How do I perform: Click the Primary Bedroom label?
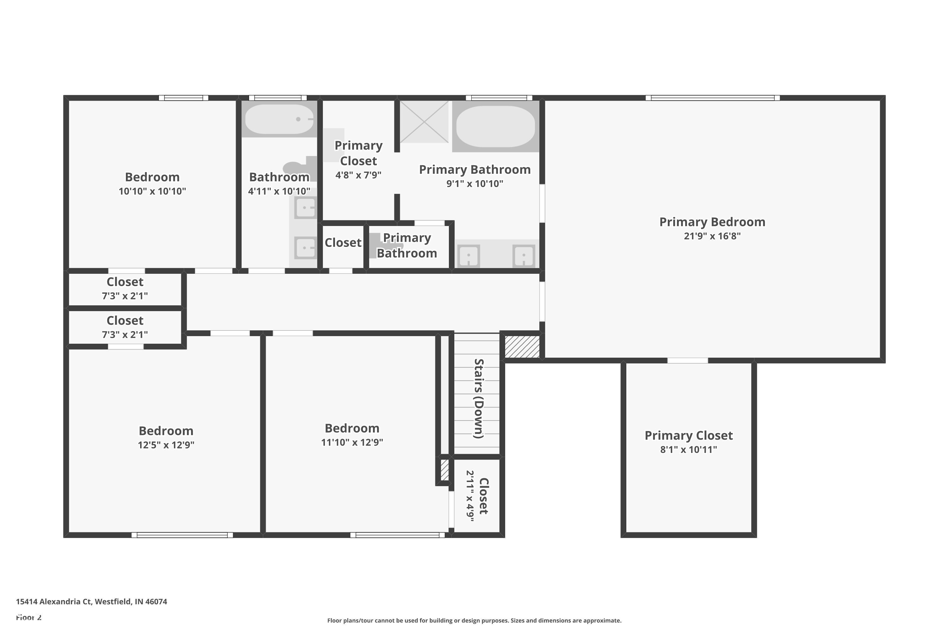click(712, 222)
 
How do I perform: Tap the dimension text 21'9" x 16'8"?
click(712, 236)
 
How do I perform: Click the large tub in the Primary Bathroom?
click(495, 126)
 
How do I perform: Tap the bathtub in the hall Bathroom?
click(279, 119)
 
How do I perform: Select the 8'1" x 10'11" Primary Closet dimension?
click(688, 450)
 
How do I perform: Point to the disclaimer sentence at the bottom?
click(474, 620)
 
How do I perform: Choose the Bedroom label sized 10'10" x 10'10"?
click(152, 177)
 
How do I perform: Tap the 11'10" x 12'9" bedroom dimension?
click(352, 442)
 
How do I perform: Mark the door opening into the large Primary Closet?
click(687, 360)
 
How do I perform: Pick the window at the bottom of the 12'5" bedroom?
click(182, 535)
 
